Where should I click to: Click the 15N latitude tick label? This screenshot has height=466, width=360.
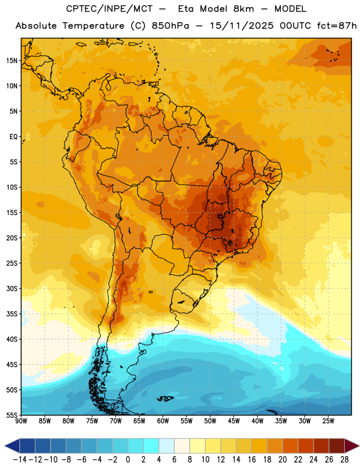[12, 61]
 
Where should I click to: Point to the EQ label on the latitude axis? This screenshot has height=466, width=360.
[13, 137]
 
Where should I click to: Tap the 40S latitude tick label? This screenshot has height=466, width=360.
[12, 339]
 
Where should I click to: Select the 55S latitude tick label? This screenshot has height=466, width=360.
[12, 415]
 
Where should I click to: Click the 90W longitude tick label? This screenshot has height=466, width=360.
[21, 421]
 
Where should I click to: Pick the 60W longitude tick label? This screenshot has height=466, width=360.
[163, 421]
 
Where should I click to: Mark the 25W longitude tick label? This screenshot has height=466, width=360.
[328, 421]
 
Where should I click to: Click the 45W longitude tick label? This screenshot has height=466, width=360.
[234, 421]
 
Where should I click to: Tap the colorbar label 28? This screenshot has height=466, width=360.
[344, 460]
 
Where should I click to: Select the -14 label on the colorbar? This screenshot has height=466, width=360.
[20, 460]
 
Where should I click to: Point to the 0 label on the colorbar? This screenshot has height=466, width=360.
[128, 460]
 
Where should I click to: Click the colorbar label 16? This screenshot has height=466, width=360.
[252, 460]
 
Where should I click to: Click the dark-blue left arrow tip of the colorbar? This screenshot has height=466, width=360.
[5, 446]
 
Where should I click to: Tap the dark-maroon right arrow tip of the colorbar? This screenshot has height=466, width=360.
[359, 446]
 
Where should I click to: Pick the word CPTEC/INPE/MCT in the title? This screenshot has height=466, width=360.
[109, 9]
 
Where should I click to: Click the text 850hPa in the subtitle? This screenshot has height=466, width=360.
[170, 26]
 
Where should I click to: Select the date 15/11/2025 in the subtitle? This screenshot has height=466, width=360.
[241, 26]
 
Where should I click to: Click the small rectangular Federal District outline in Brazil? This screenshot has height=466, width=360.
[220, 216]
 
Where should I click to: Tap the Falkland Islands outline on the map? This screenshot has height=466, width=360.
[165, 398]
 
